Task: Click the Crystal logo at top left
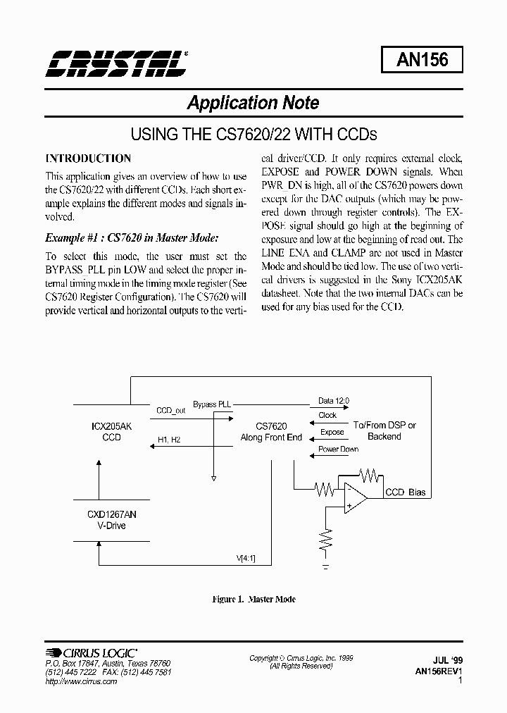point(117,63)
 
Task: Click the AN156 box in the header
point(423,60)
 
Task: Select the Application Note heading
point(253,103)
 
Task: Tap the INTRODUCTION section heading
point(88,159)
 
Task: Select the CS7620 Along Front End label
point(271,432)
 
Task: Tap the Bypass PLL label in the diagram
point(212,404)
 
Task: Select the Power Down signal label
point(338,449)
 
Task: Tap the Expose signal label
point(332,432)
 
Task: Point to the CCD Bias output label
point(405,492)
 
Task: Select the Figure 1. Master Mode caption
point(254,600)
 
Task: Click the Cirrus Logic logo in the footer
point(91,653)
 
